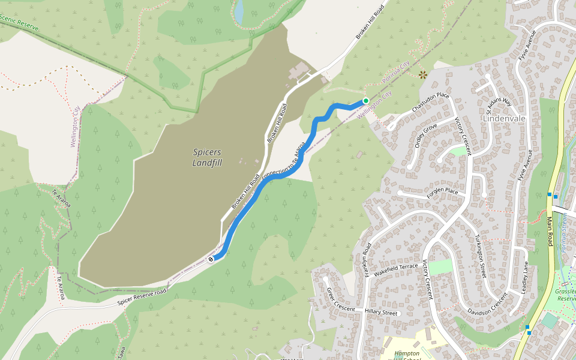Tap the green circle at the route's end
[x=365, y=101]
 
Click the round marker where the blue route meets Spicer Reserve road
[x=211, y=259]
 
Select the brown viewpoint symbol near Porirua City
[x=423, y=75]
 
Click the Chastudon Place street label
[x=431, y=103]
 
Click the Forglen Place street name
[x=442, y=192]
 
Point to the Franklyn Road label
[x=367, y=258]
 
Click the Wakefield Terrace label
[x=395, y=267]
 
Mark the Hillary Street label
[x=382, y=313]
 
